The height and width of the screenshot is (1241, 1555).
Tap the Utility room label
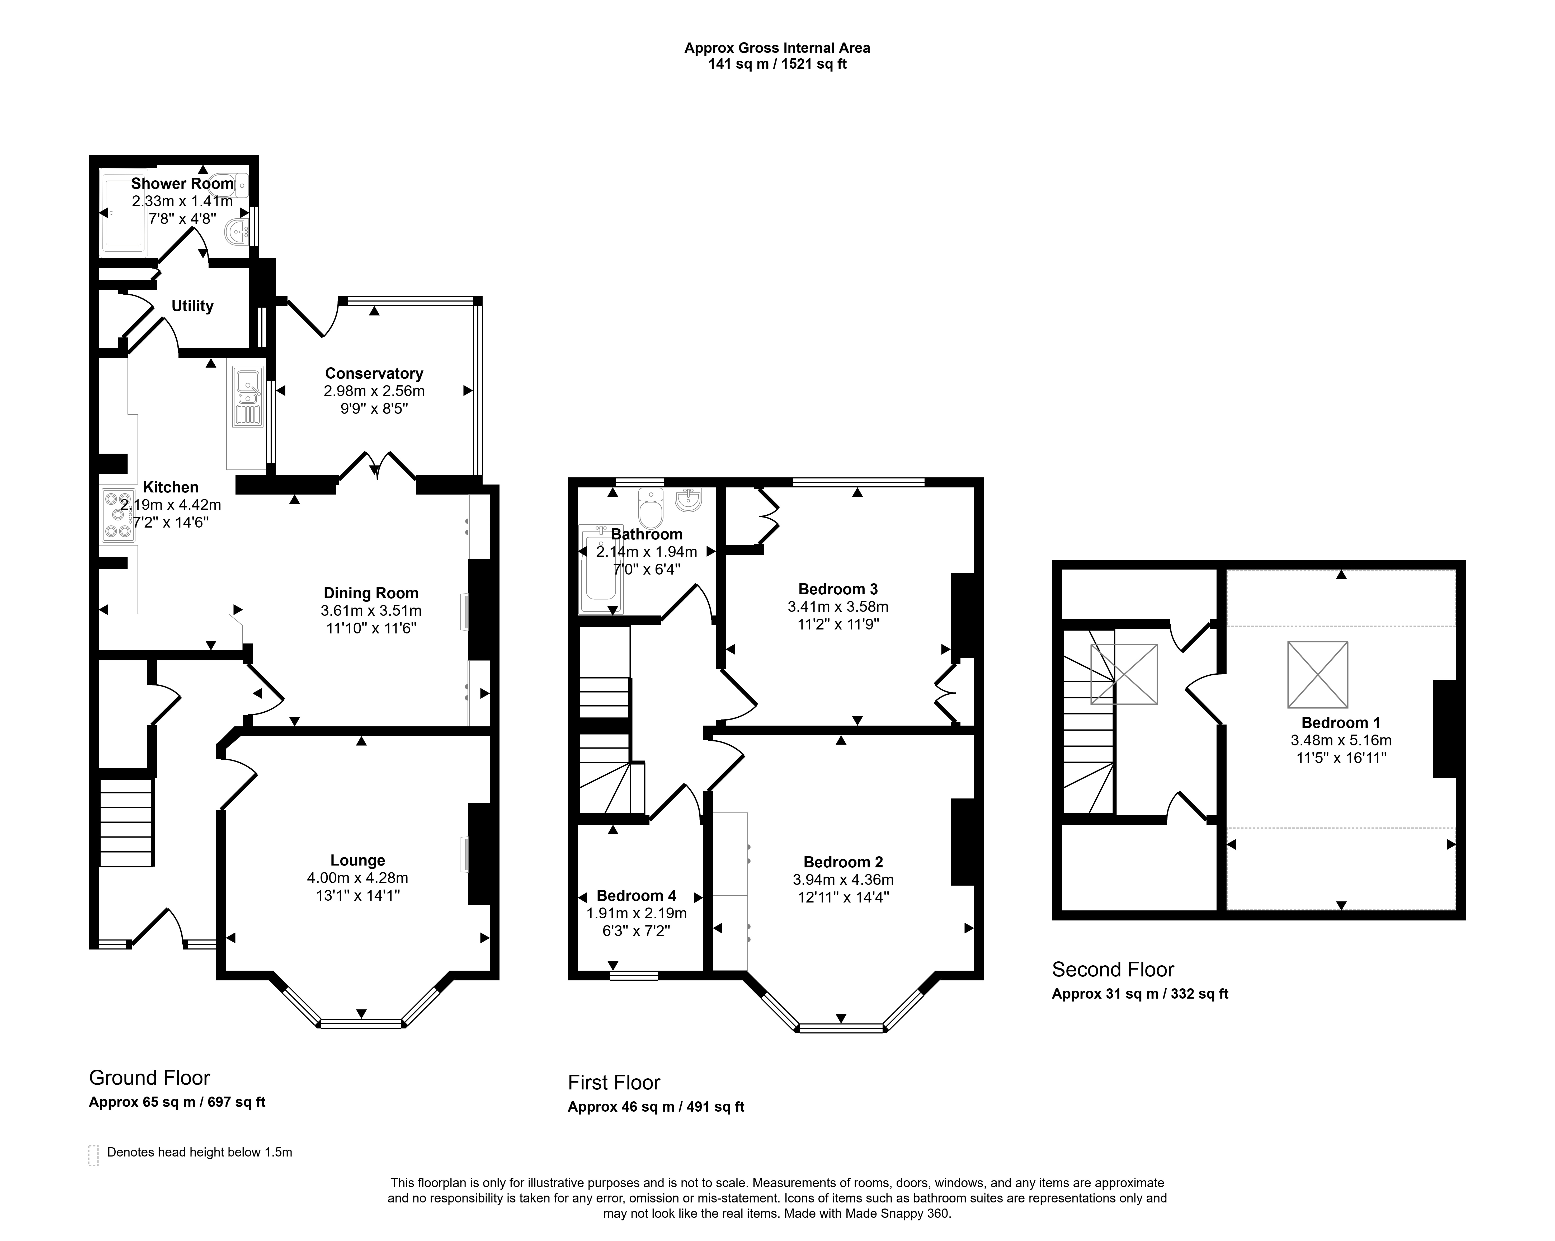tap(192, 306)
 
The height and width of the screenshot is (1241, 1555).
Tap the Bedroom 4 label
tap(636, 895)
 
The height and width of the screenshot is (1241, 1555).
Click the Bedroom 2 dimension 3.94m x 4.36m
tap(843, 880)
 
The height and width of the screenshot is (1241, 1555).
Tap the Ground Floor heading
tap(149, 1078)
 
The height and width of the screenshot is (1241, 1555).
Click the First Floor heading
tap(614, 1082)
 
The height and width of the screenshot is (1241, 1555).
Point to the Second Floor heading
tap(1113, 969)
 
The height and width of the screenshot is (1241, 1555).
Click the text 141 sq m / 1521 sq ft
tap(777, 64)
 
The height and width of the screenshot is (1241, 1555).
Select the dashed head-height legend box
tap(93, 1154)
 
